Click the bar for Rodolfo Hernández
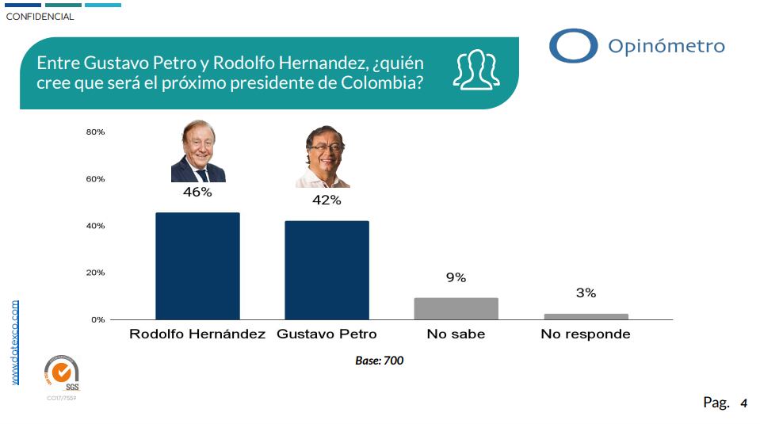coord(197,265)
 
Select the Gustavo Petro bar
coord(327,269)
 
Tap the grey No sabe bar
coord(456,308)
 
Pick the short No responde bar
coord(586,316)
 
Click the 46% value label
coord(197,193)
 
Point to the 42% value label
coord(327,201)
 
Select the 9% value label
coord(456,277)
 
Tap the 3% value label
coord(586,293)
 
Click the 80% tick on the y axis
coord(95,132)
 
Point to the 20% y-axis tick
coord(95,273)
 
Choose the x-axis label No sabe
coord(456,334)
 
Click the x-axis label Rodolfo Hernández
coord(197,334)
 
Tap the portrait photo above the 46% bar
coord(197,152)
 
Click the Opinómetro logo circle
coord(573,46)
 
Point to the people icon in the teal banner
coord(475,69)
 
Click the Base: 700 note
coord(380,361)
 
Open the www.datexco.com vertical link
coord(15,342)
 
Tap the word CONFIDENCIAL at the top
coord(40,17)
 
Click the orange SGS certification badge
coord(62,373)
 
